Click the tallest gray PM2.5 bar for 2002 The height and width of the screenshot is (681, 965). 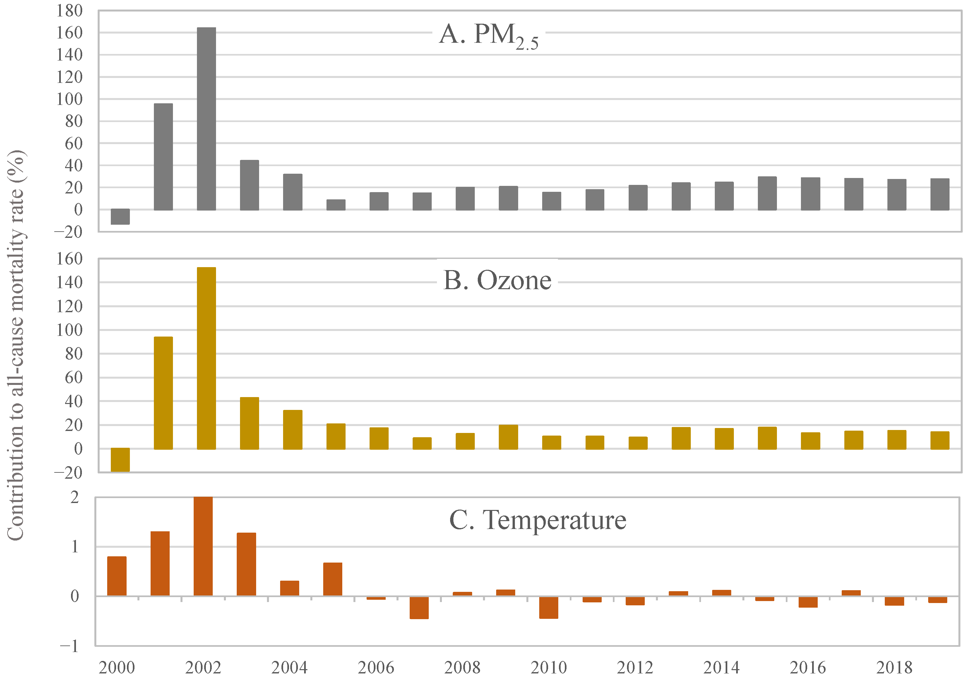206,119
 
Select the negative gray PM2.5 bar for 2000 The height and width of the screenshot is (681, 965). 120,216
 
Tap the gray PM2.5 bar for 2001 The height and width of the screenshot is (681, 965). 163,157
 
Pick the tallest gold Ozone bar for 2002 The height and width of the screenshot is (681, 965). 206,358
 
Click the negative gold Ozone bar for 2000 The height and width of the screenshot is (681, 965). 120,459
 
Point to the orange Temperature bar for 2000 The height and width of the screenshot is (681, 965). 117,576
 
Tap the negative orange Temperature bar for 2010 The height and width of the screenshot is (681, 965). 548,607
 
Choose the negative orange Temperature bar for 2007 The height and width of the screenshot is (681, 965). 419,607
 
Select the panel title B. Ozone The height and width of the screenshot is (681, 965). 497,280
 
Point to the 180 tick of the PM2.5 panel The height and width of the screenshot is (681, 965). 69,11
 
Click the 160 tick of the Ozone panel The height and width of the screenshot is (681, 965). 69,259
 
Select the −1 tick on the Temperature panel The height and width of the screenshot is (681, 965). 69,646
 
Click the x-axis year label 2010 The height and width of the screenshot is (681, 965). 548,668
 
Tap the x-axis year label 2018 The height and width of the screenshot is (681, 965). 894,668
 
